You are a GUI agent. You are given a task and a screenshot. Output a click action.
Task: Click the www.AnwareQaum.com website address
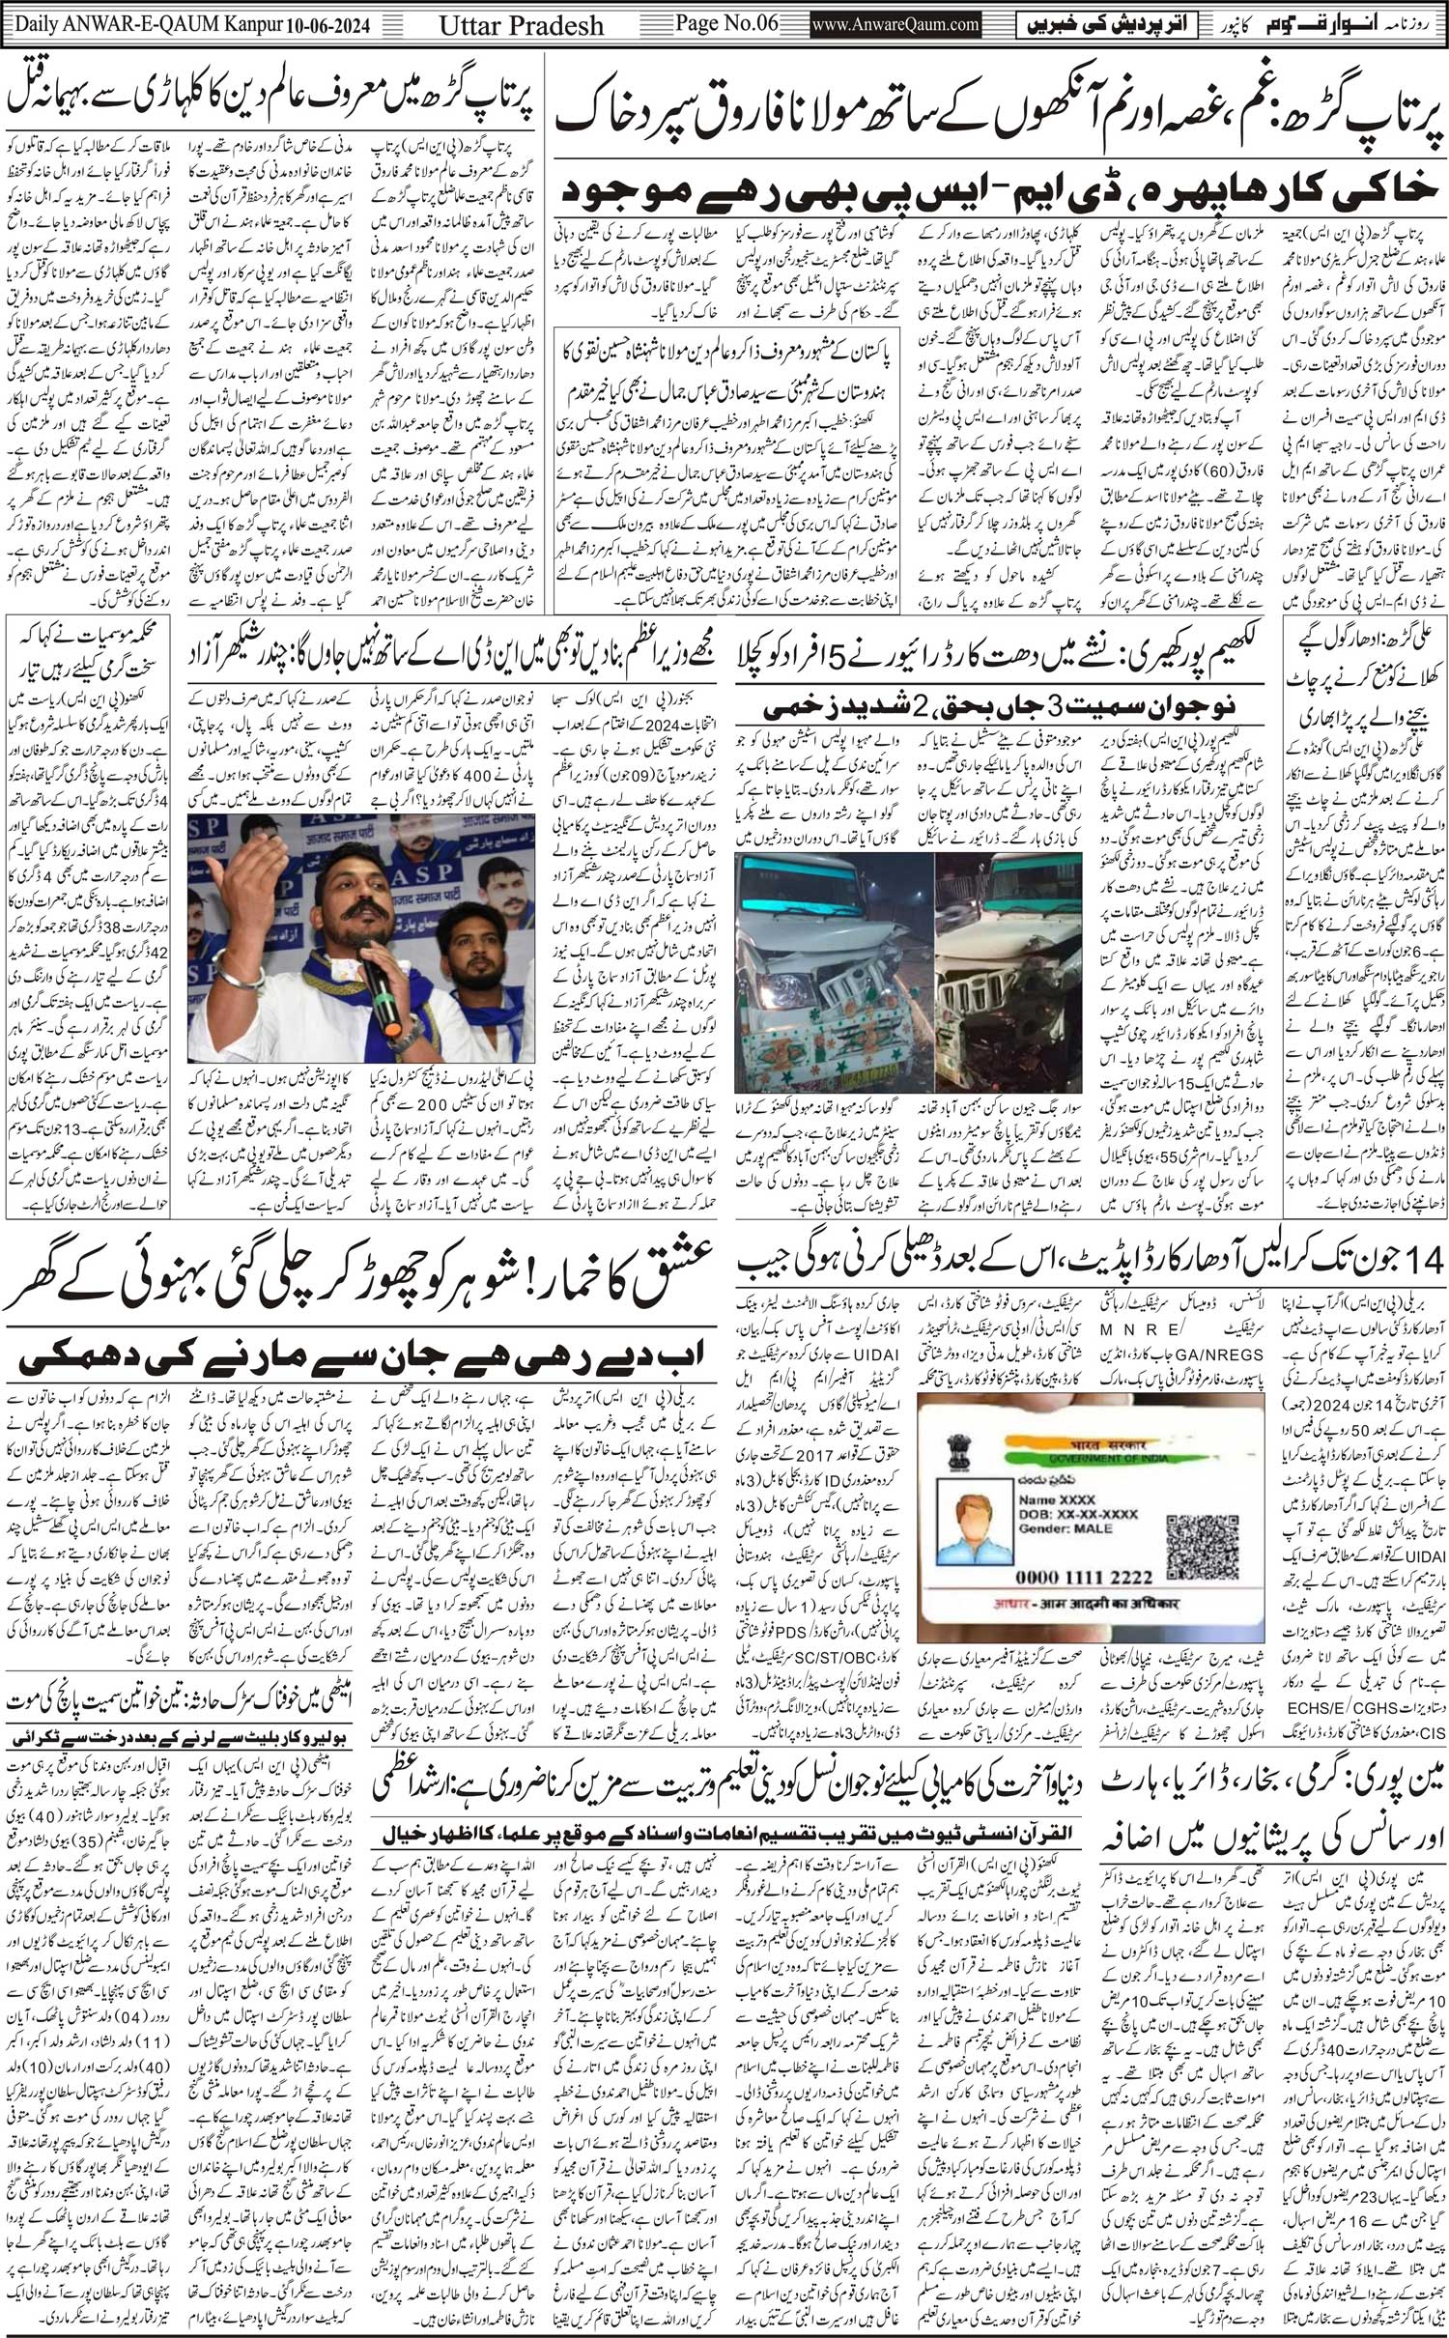pos(896,24)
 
